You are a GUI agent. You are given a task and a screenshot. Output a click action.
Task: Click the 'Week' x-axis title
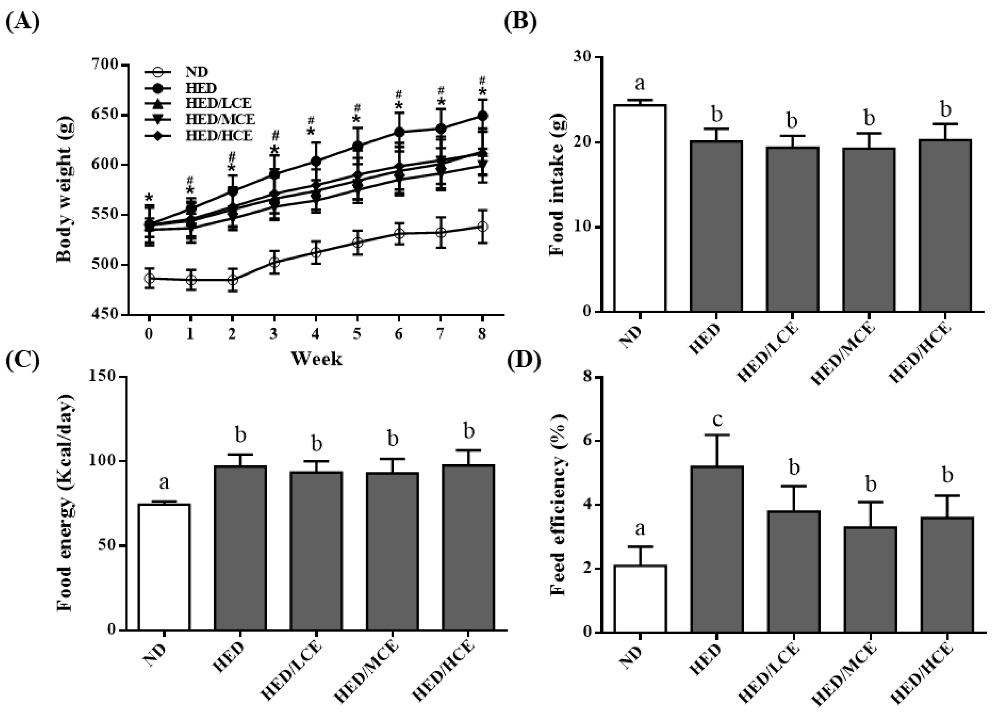tap(316, 359)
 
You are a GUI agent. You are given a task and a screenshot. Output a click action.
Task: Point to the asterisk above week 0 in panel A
tap(149, 198)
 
